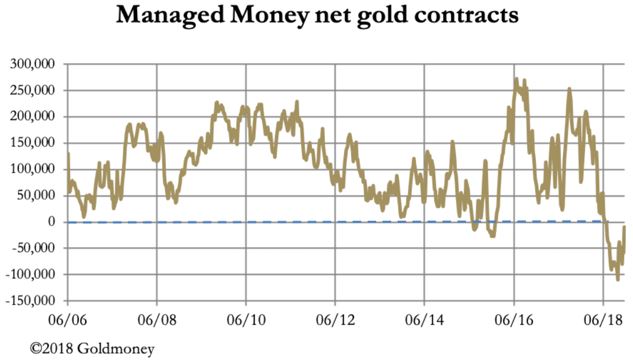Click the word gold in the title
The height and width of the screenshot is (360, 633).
point(395,17)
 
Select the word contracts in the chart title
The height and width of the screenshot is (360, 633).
point(475,17)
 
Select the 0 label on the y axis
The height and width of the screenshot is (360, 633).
point(55,222)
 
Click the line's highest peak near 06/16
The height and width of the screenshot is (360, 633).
point(516,79)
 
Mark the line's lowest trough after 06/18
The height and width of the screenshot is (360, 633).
point(618,279)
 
